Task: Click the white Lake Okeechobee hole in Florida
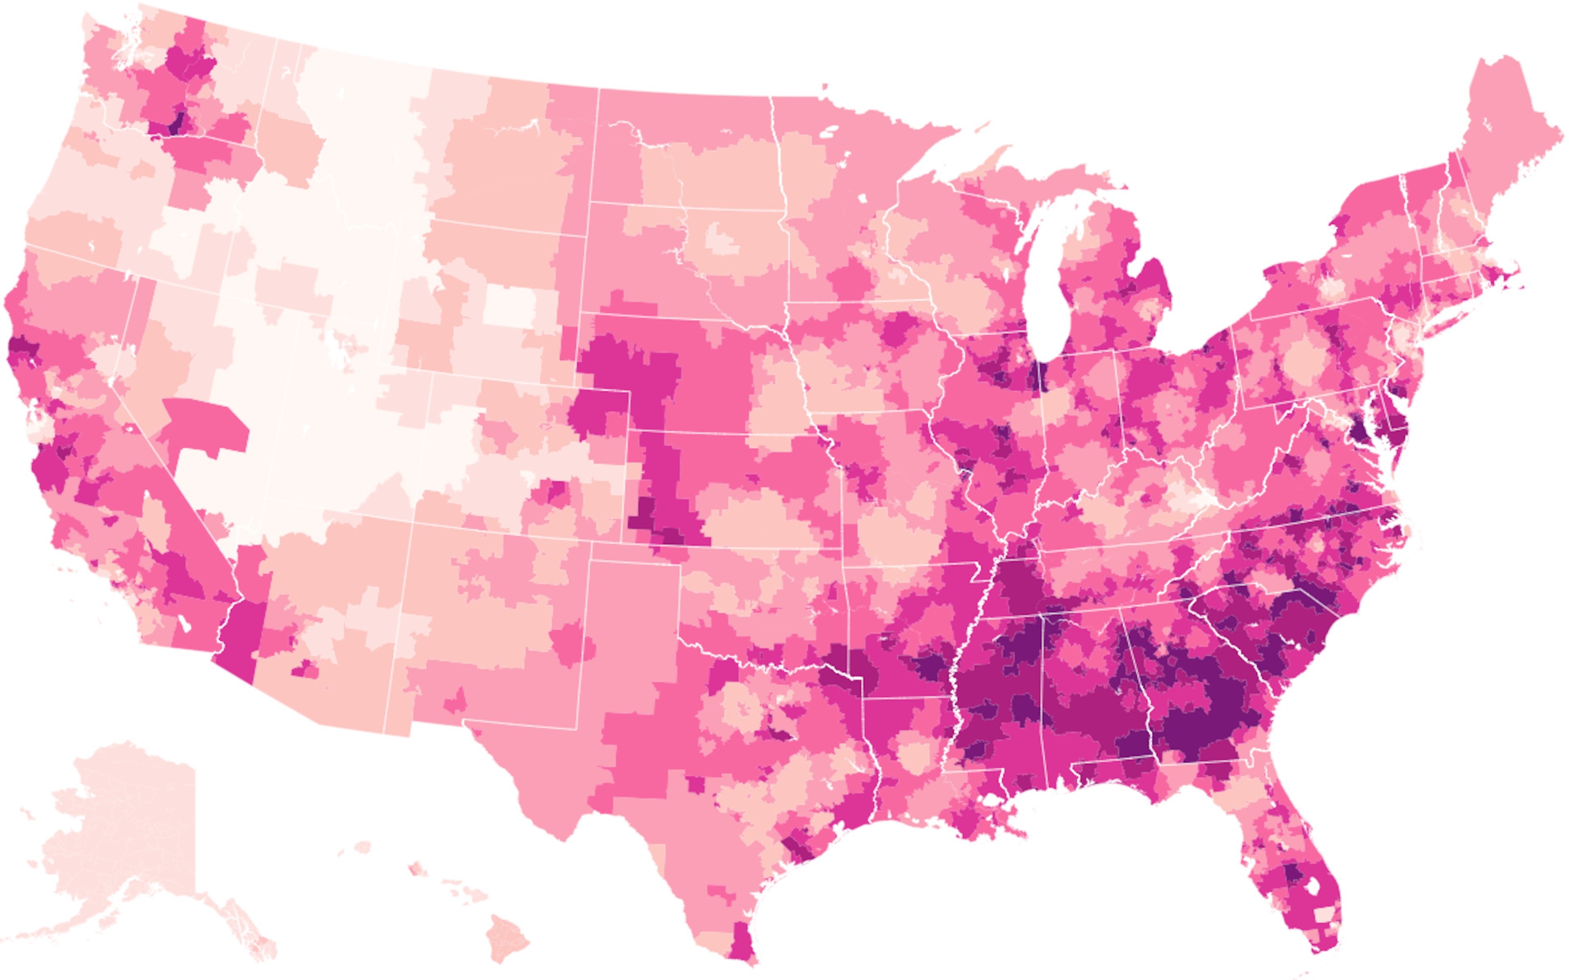point(1312,886)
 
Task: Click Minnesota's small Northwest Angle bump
point(824,87)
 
